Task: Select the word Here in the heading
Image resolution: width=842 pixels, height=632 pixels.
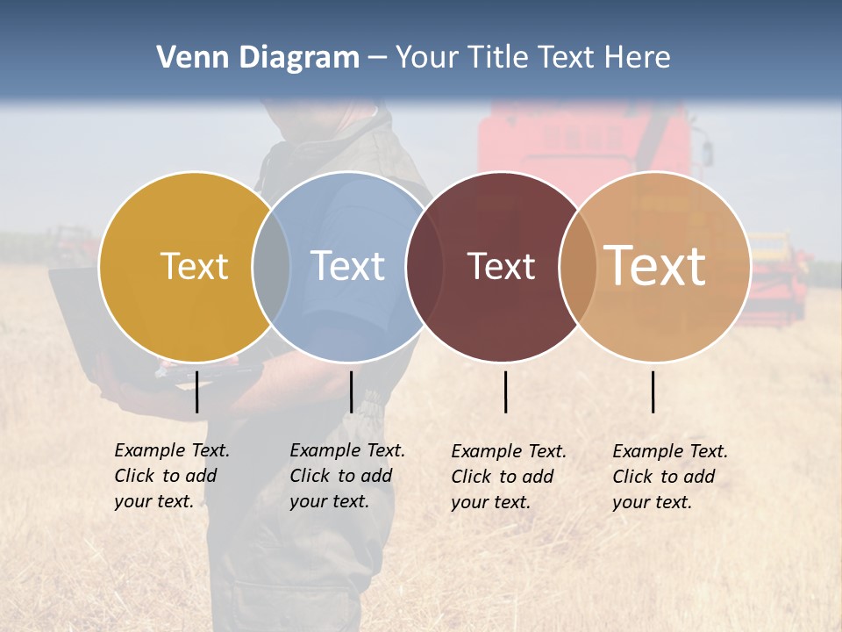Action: (639, 58)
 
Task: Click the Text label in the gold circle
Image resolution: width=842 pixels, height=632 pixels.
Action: (194, 266)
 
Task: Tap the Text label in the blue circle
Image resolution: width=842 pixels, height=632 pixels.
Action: (347, 266)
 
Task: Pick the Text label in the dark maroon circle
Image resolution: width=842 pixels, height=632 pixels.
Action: (501, 267)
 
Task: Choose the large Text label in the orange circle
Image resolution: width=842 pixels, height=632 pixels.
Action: (655, 266)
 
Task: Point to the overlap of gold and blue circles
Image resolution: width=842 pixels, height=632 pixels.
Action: (271, 267)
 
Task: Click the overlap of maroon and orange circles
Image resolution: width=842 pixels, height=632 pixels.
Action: (578, 267)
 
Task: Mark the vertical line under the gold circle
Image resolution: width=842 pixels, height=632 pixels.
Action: (196, 391)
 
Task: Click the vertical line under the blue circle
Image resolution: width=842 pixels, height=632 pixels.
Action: (351, 391)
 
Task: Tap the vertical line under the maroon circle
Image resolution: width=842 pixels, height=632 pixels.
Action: (505, 391)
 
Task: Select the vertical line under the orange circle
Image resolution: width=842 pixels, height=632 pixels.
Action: (653, 391)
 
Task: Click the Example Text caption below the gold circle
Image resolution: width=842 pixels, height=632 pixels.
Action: (171, 476)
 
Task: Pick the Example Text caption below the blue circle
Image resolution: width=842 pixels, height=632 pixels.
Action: (346, 476)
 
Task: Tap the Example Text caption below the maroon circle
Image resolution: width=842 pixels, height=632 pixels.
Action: (508, 477)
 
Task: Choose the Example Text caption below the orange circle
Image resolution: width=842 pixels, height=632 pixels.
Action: (669, 477)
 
